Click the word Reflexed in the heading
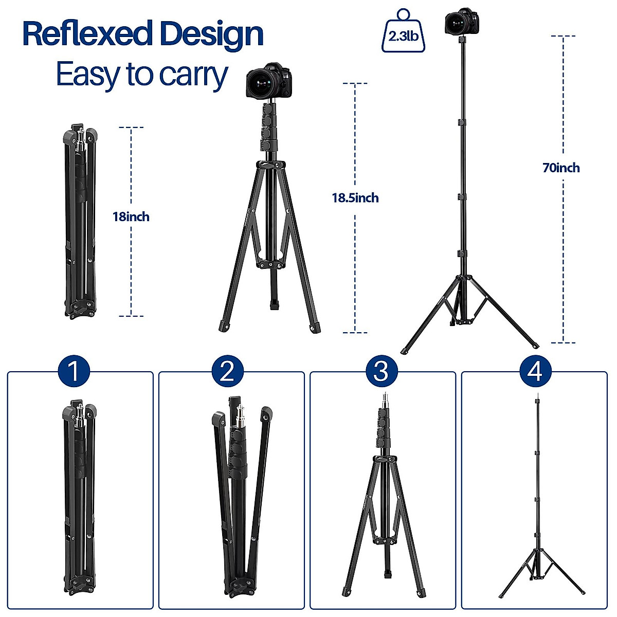tap(86, 34)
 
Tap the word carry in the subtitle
tap(193, 75)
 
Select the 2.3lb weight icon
tap(404, 32)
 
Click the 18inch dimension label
tap(131, 216)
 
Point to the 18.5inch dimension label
tap(355, 198)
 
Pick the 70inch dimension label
tap(561, 168)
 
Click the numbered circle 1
tap(74, 371)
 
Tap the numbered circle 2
tap(227, 371)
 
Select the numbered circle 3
tap(380, 371)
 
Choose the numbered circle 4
tap(535, 371)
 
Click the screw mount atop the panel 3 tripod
tap(384, 398)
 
